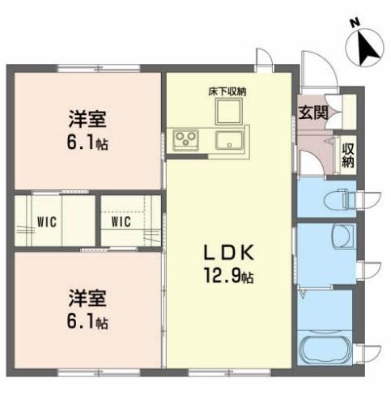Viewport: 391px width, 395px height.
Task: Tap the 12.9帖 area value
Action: pos(229,278)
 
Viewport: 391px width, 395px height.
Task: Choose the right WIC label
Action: pos(121,221)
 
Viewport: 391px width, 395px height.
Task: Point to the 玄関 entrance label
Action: pos(314,111)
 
